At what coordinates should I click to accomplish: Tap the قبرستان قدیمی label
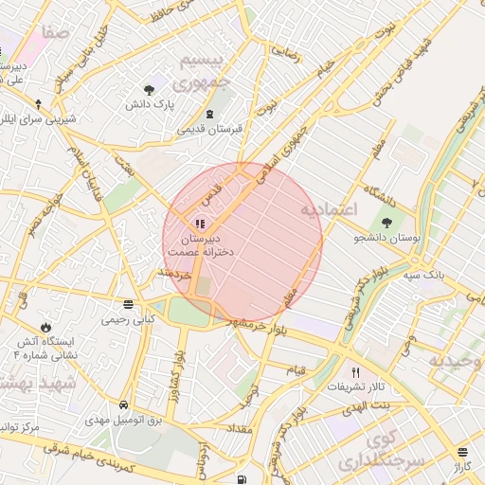[x=209, y=129]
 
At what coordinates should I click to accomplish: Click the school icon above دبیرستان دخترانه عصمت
[x=199, y=225]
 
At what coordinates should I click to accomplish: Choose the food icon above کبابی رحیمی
[x=129, y=304]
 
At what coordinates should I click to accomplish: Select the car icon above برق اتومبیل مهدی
[x=124, y=404]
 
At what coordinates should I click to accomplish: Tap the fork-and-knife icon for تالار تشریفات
[x=356, y=372]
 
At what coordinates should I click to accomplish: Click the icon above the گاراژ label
[x=462, y=453]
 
